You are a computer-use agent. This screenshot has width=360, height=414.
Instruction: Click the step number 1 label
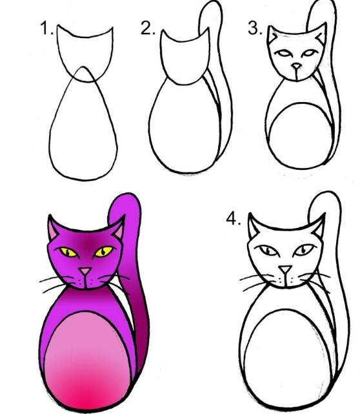tap(46, 28)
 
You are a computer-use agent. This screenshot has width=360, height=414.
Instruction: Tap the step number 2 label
tap(148, 28)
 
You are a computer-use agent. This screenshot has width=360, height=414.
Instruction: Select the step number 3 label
tap(255, 28)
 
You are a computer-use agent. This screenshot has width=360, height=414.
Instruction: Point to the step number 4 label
tap(234, 219)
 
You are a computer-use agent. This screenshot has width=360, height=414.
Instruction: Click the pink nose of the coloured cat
tap(86, 271)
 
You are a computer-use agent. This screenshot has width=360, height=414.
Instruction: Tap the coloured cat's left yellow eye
tap(68, 252)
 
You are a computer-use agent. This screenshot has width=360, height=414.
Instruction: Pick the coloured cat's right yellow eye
tap(104, 251)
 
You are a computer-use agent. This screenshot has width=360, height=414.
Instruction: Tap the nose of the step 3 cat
tap(296, 66)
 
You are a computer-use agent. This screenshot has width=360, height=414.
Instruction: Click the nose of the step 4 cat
tap(286, 269)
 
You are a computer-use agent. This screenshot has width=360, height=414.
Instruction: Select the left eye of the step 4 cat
tap(268, 251)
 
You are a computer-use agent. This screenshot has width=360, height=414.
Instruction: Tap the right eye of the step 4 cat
tap(305, 250)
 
